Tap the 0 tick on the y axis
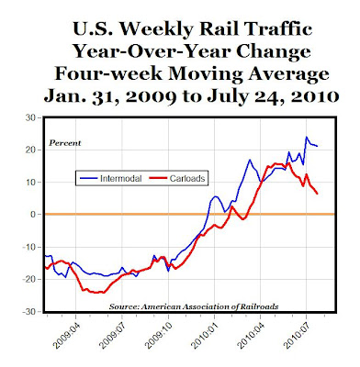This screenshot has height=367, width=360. (31, 214)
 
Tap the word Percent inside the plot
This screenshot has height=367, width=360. (63, 143)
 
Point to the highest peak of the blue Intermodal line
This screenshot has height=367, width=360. (306, 138)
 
